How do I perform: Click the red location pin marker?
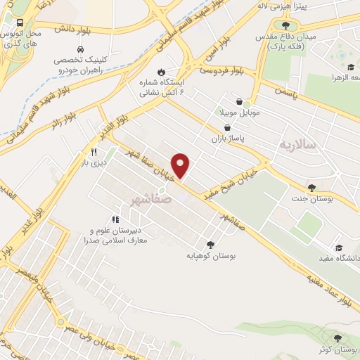181,165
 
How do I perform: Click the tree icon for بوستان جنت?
311,188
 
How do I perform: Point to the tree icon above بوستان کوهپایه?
210,245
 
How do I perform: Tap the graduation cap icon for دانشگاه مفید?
340,247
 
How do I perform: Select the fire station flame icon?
162,71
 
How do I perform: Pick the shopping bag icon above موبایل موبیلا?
240,101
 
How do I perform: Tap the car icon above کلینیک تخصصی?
81,50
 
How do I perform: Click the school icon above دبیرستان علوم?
115,219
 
